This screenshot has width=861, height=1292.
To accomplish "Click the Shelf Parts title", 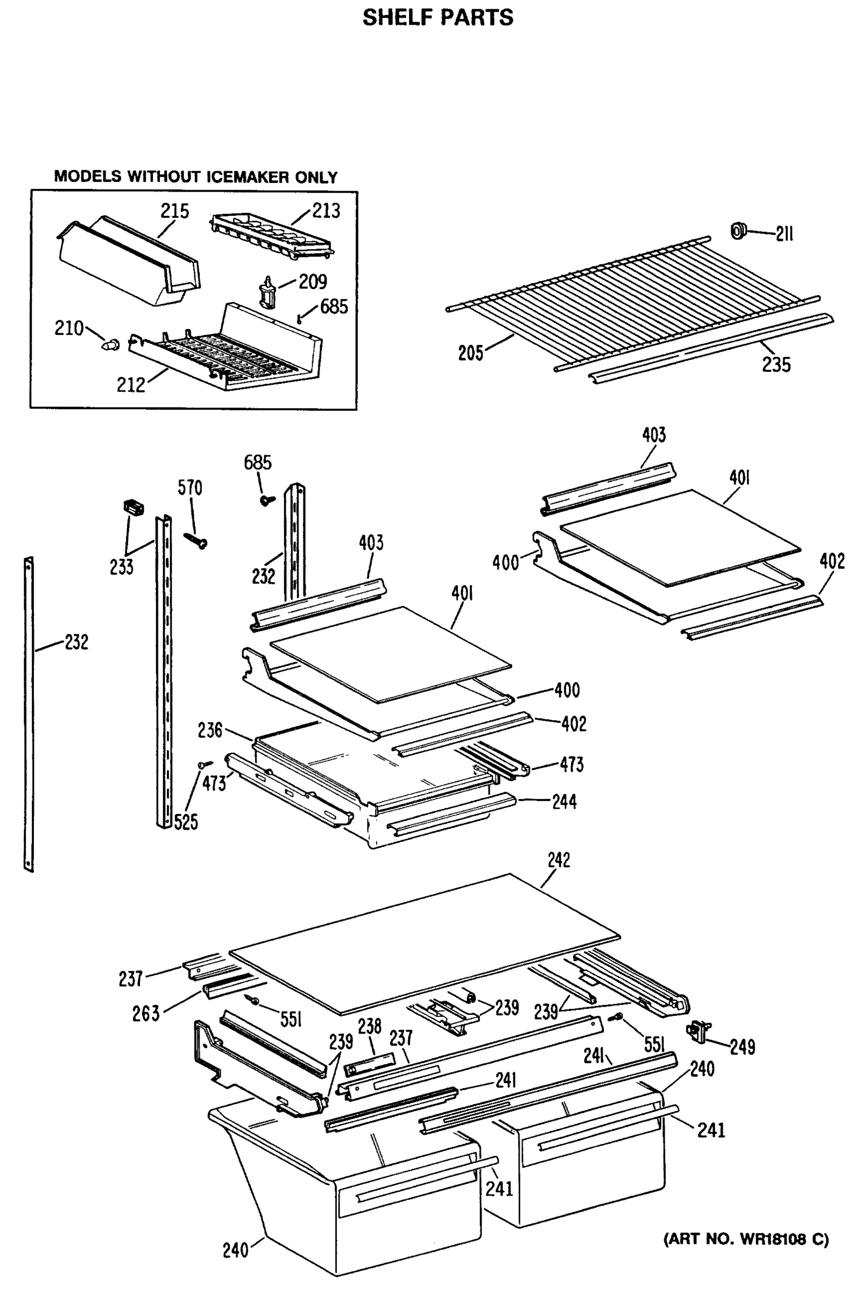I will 437,18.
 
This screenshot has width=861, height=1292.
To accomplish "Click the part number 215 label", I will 174,211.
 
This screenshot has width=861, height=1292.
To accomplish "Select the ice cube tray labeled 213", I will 272,235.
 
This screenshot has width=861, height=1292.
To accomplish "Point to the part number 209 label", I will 313,282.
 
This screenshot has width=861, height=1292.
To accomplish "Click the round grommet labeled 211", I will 738,231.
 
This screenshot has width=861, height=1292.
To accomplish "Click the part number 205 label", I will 470,353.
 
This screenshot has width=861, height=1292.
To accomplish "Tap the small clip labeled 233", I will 132,507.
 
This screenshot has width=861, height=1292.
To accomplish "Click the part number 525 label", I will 186,823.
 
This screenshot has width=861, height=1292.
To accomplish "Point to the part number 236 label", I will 210,730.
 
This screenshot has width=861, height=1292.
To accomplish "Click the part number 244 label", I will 564,802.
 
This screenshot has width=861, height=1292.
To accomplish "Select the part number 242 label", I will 559,860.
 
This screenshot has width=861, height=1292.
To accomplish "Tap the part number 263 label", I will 145,1014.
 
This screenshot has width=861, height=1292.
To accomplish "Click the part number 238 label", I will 370,1026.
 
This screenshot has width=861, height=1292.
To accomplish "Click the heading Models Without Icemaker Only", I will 195,177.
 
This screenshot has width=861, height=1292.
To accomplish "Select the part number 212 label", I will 131,385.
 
